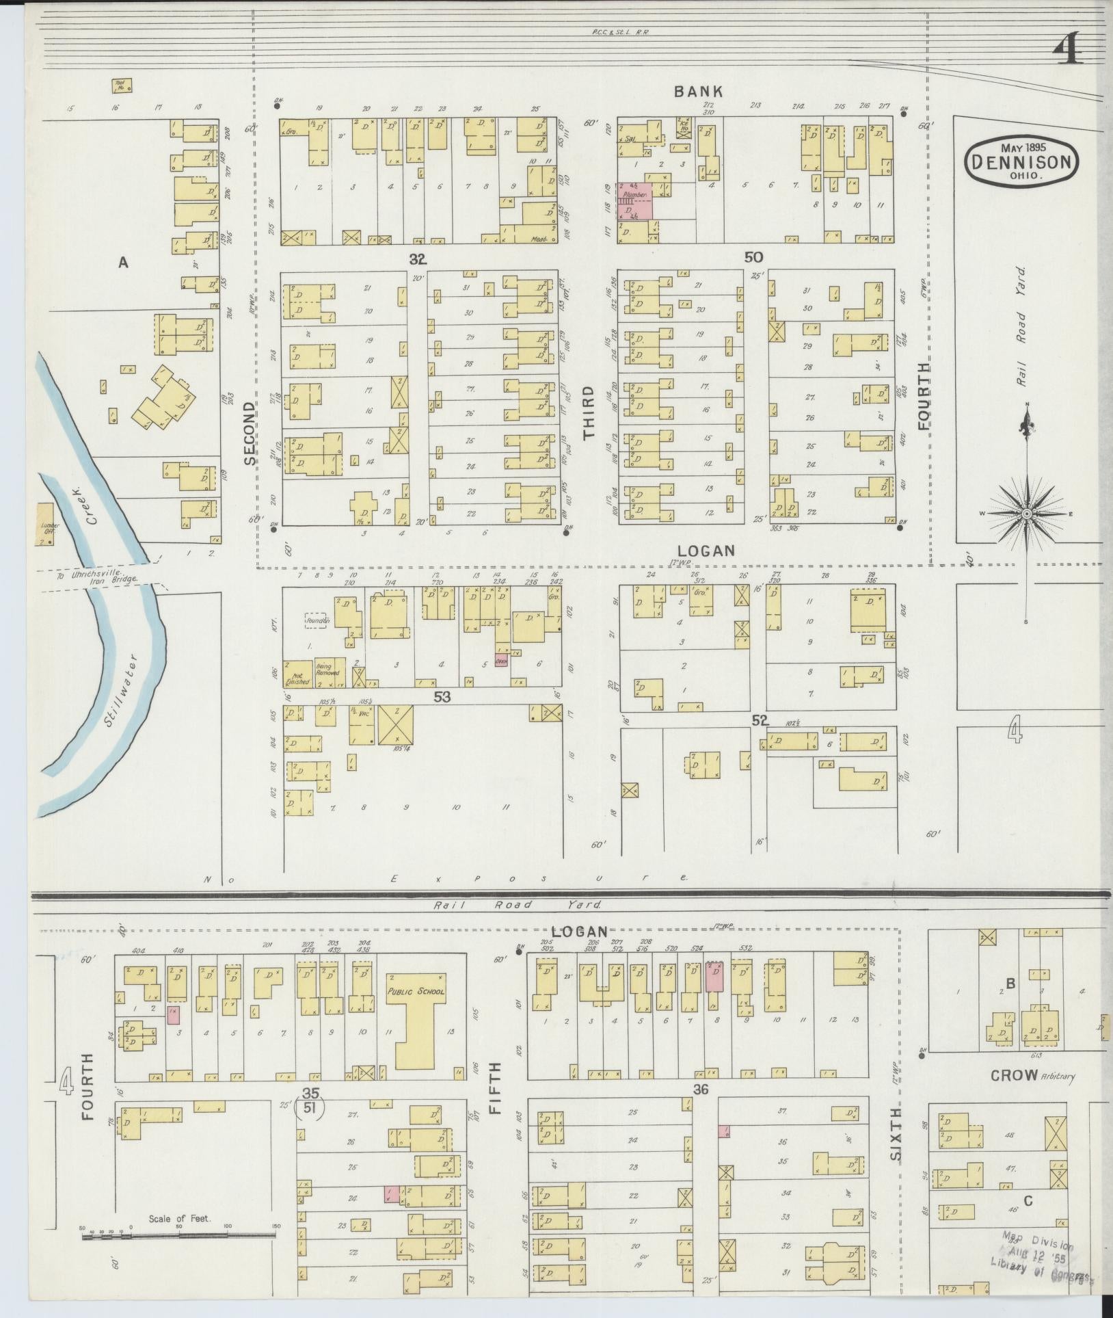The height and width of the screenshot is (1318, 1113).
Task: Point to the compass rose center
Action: (1027, 514)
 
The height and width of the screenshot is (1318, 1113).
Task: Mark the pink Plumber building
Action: (636, 201)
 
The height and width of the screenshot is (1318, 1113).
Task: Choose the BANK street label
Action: (698, 91)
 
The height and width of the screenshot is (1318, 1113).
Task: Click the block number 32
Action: (418, 259)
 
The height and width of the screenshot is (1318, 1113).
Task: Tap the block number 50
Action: (753, 257)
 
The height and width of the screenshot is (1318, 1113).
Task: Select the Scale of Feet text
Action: (180, 1219)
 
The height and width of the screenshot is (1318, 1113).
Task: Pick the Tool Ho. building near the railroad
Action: (122, 86)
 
